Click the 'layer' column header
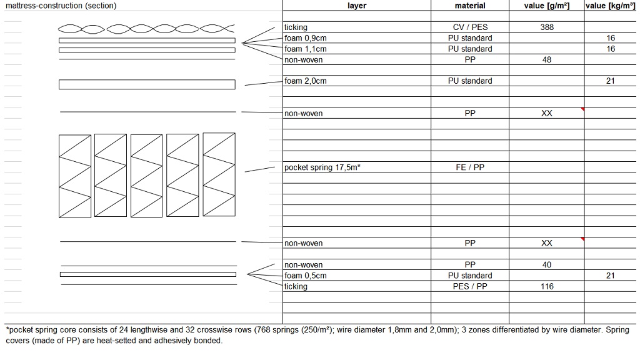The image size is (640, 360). pos(356,6)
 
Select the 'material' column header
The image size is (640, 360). pos(470,6)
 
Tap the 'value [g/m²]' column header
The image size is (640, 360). pos(546,6)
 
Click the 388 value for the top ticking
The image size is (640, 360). pos(547,27)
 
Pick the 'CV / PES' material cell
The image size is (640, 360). pos(470,27)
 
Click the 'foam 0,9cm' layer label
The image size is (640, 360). pos(306,38)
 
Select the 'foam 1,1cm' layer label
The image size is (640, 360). pos(306,49)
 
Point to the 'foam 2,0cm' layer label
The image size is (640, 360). pos(306,81)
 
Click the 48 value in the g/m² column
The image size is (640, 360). pos(547,60)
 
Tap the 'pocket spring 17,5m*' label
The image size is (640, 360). pos(322,167)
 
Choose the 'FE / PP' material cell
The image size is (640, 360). pos(470,167)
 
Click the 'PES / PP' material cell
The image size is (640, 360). pos(470,286)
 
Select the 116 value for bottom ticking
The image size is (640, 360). pos(547,286)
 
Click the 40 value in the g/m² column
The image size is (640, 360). pos(547,265)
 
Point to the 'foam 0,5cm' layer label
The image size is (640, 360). pos(306,276)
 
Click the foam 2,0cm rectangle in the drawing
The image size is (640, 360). pos(147,84)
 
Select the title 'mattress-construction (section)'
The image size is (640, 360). pos(61,6)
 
